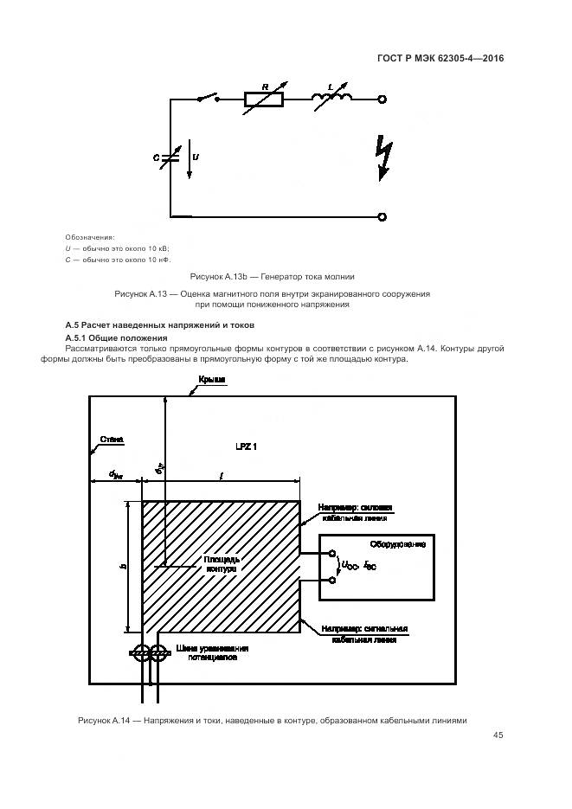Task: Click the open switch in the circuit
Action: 206,99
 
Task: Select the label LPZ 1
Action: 247,446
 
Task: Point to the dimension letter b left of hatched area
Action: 125,567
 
